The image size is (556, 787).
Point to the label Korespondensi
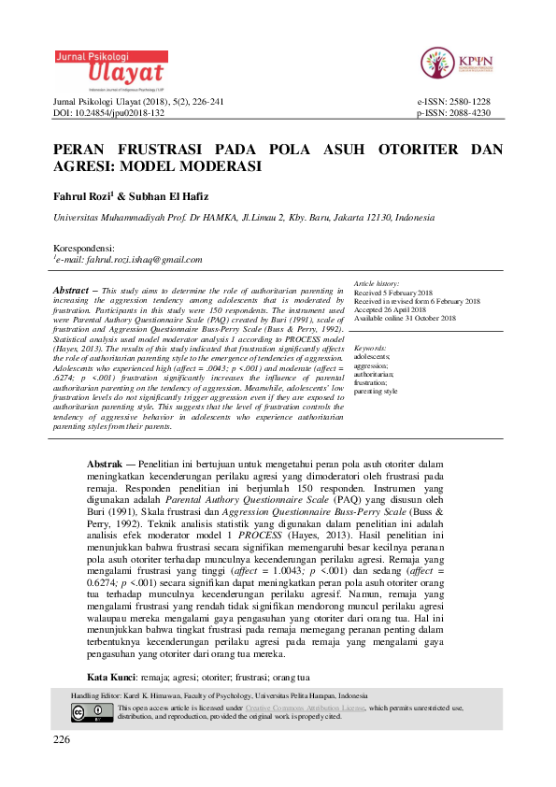pyautogui.click(x=92, y=247)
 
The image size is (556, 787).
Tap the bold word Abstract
pyautogui.click(x=71, y=291)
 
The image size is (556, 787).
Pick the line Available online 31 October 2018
pyautogui.click(x=405, y=318)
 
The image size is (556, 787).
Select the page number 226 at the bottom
pyautogui.click(x=63, y=739)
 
